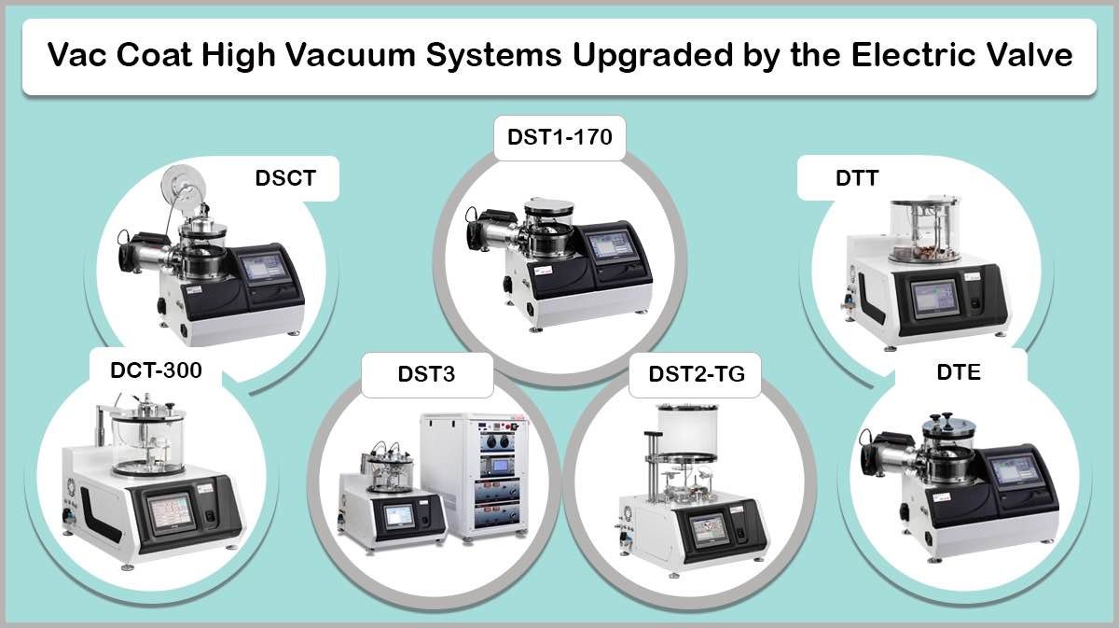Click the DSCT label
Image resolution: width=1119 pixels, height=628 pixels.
(x=285, y=178)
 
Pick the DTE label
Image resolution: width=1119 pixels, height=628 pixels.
(x=960, y=371)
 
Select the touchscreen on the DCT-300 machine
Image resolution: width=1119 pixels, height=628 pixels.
(x=170, y=512)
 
